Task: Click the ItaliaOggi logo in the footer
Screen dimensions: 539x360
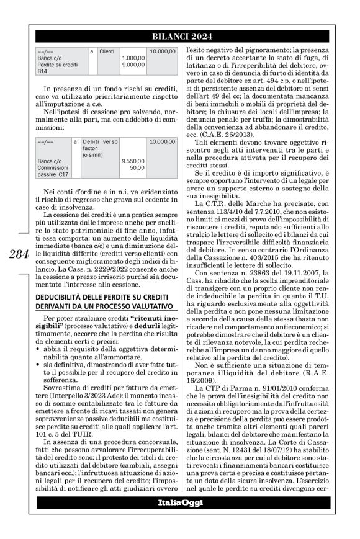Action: (181, 519)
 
